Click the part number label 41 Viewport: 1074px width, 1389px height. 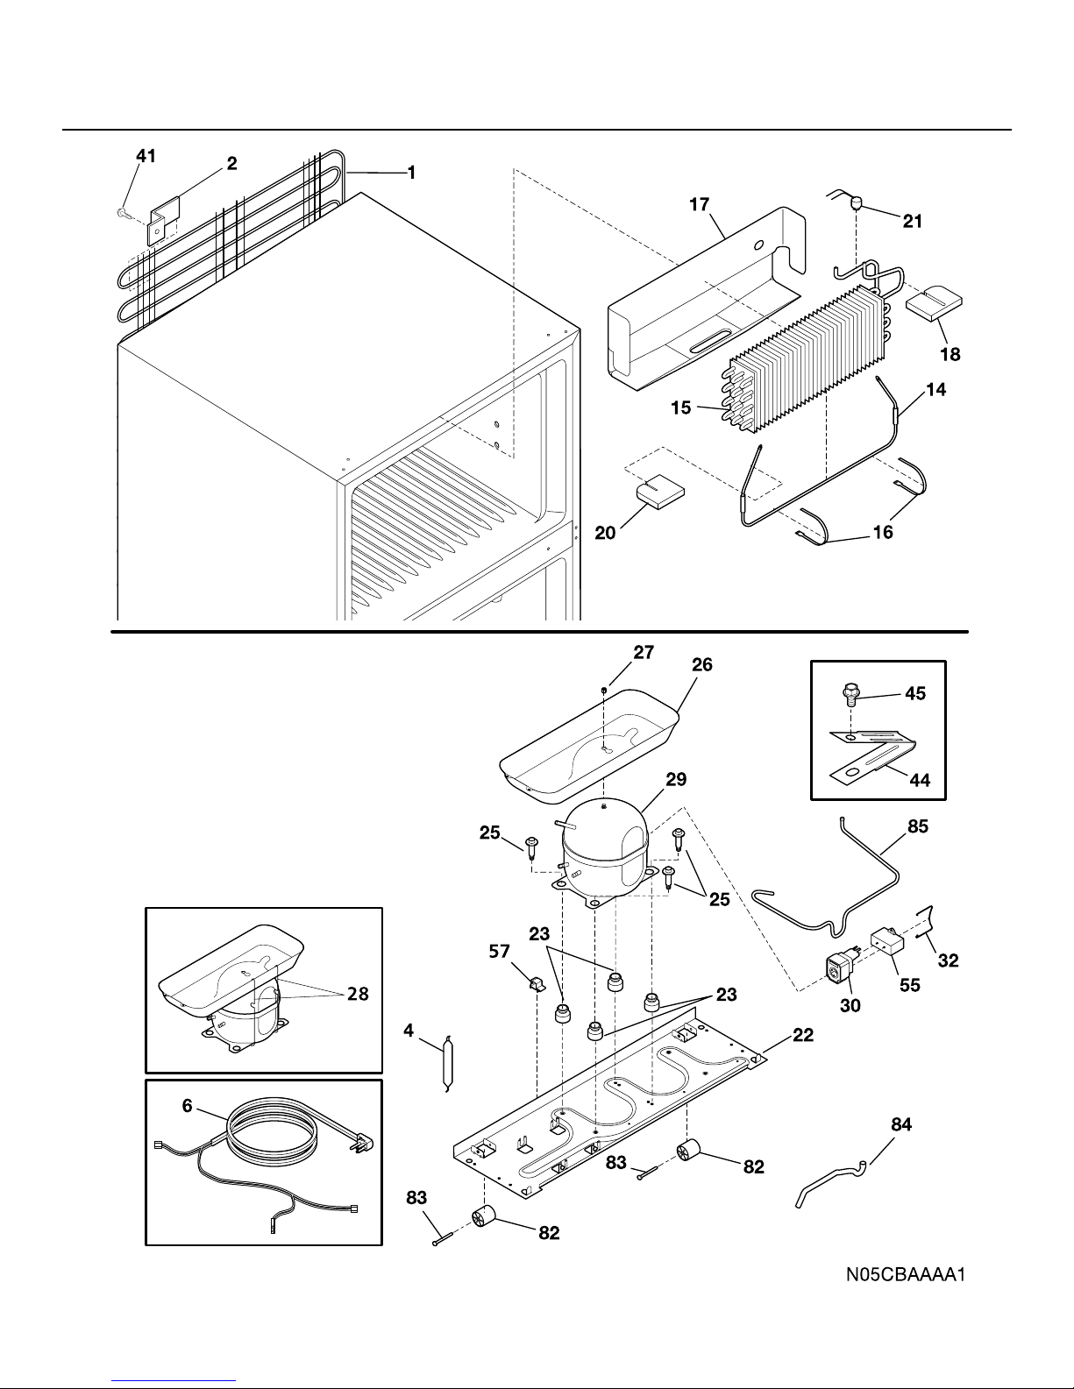point(146,156)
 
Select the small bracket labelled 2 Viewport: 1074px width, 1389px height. point(164,220)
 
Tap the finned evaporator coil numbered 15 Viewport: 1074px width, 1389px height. point(806,362)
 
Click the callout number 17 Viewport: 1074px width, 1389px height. point(700,204)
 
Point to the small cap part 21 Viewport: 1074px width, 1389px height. point(856,204)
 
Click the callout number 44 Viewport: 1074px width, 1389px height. point(920,780)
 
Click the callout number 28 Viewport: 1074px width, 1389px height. point(358,994)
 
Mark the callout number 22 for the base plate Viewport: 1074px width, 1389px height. point(803,1035)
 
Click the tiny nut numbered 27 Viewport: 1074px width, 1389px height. point(604,691)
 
